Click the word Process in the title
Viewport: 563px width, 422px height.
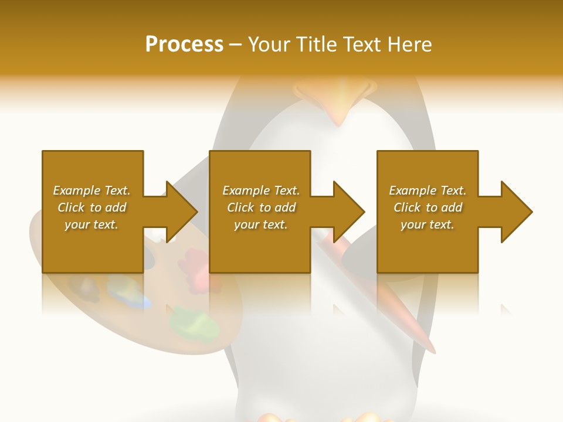(x=184, y=45)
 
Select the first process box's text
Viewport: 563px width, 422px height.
(x=91, y=207)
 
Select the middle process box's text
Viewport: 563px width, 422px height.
(x=261, y=207)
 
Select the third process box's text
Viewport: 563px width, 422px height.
(x=428, y=207)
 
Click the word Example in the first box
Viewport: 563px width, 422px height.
(x=76, y=190)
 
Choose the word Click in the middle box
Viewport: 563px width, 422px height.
(x=240, y=207)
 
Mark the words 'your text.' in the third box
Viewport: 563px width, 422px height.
(x=428, y=224)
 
